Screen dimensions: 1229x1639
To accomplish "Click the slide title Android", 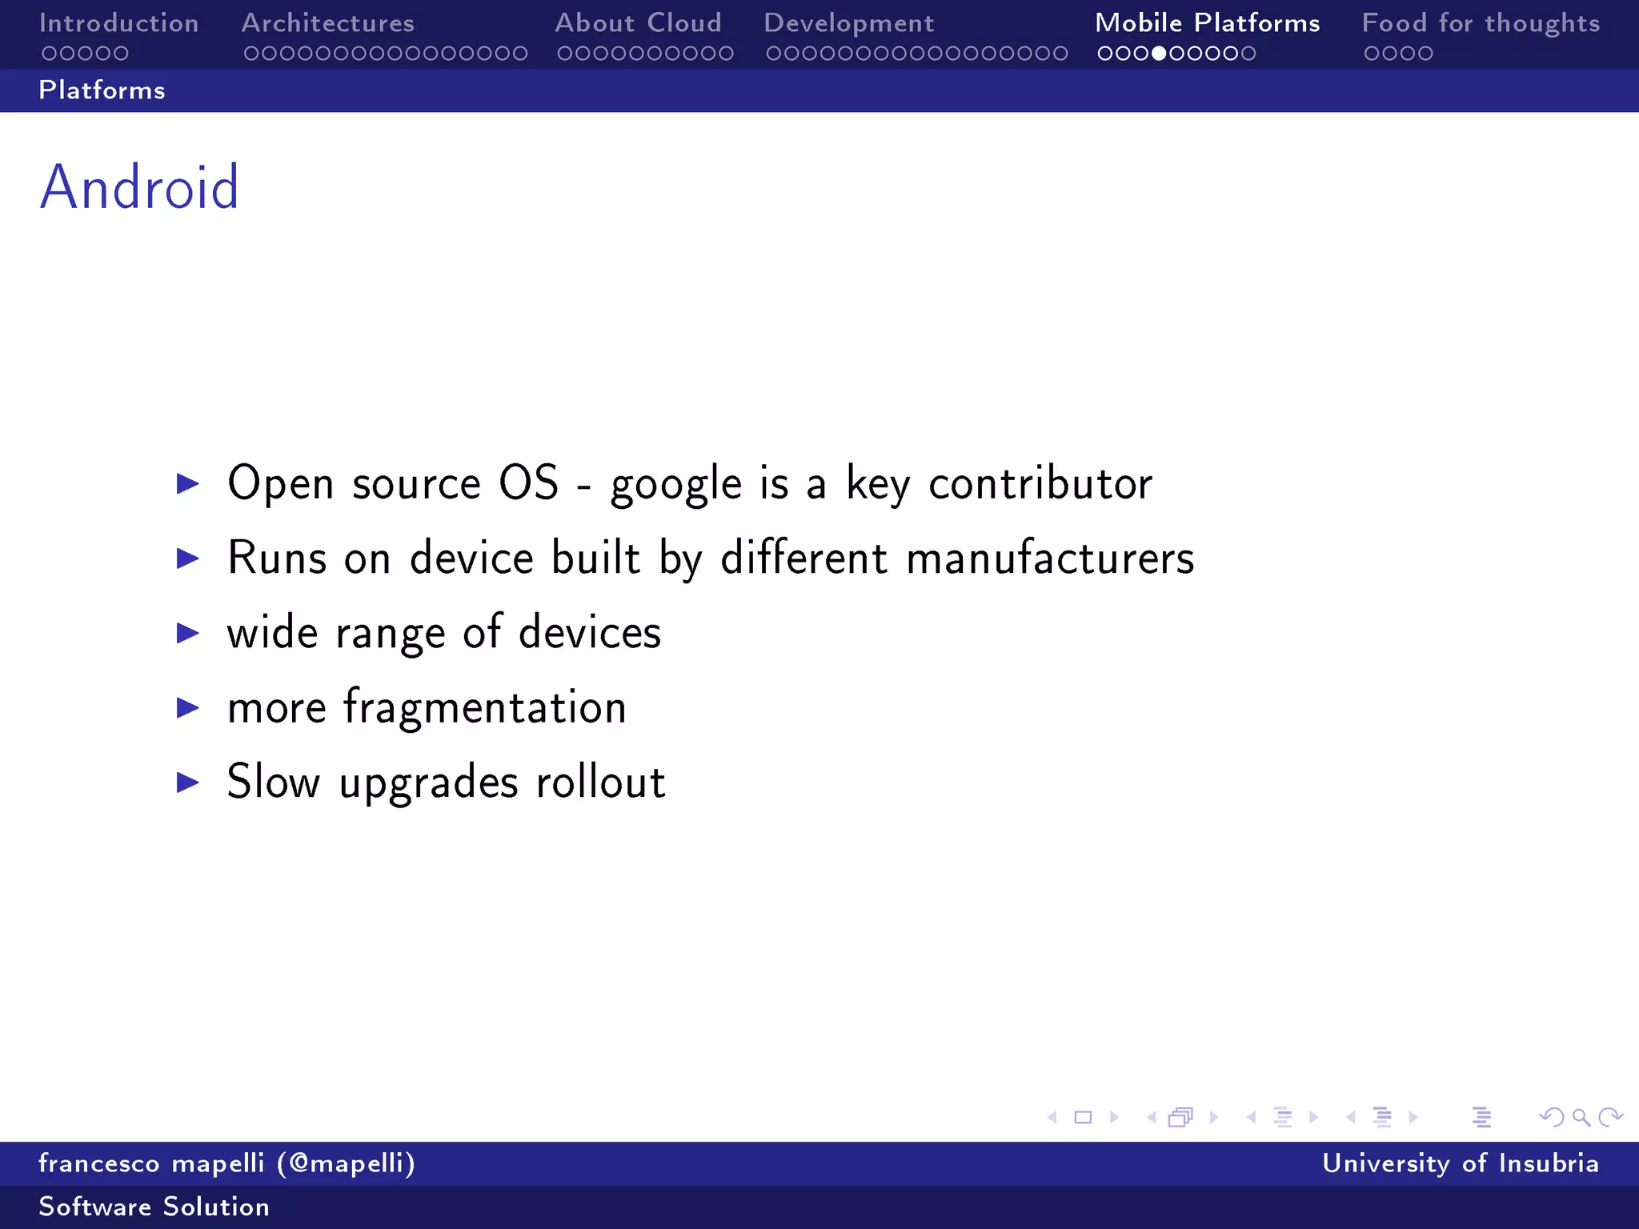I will click(x=140, y=187).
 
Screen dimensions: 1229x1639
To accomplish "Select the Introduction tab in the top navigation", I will click(x=119, y=23).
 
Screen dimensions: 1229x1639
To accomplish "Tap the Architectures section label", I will click(x=328, y=23).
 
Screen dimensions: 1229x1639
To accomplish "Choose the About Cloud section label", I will click(x=639, y=23).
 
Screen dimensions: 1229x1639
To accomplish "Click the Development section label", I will click(x=849, y=24).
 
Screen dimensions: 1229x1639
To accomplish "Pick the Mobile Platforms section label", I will click(x=1208, y=23).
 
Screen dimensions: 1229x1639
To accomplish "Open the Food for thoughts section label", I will click(x=1481, y=23).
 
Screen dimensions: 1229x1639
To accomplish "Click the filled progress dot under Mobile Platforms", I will click(x=1159, y=54).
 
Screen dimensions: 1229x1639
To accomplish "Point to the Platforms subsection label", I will click(x=102, y=90).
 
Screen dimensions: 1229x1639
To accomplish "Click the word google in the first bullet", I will click(x=676, y=485).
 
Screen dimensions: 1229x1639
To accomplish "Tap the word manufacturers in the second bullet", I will click(x=1050, y=558).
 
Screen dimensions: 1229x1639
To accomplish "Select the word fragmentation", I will click(x=485, y=708).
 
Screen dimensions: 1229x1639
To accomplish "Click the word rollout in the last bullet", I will click(x=600, y=782).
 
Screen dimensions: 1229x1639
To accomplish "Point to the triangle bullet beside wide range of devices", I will click(x=188, y=633).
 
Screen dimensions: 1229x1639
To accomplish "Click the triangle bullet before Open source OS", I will click(x=188, y=483).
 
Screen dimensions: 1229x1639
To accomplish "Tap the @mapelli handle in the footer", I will click(x=347, y=1163).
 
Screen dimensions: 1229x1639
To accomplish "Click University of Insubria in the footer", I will click(x=1461, y=1163).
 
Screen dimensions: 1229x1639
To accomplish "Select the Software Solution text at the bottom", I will click(x=154, y=1207).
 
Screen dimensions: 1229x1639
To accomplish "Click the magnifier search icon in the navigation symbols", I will click(x=1581, y=1117).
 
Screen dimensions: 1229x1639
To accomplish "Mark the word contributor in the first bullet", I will click(x=1040, y=483).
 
